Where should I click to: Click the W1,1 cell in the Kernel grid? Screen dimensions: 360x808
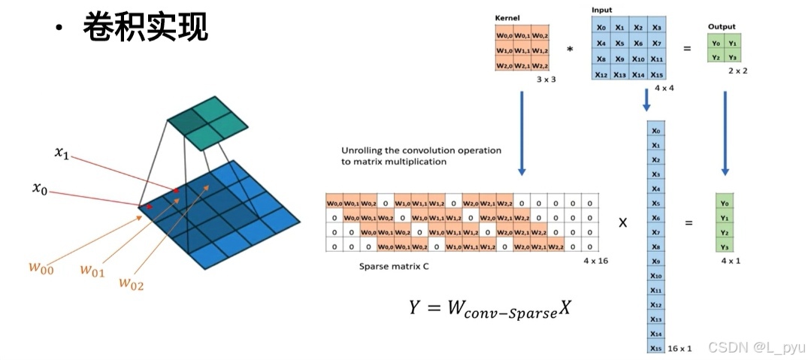(521, 50)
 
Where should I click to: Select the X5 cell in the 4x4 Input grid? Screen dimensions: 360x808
(619, 44)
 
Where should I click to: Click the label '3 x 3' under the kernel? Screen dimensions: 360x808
(546, 79)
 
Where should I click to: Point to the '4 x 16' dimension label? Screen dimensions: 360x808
(595, 260)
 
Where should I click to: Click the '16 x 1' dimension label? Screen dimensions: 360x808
(679, 348)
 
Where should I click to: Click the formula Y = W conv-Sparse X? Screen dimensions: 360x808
(490, 308)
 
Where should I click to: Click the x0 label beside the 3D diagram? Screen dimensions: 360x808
(40, 188)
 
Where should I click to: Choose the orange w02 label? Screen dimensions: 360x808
(132, 283)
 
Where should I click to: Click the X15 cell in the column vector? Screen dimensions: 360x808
(655, 348)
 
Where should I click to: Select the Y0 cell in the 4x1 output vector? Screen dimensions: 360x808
(724, 204)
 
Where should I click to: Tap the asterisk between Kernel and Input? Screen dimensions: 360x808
(570, 50)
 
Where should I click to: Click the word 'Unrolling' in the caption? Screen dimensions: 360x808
(362, 150)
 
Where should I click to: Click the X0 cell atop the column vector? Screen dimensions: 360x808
(655, 131)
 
